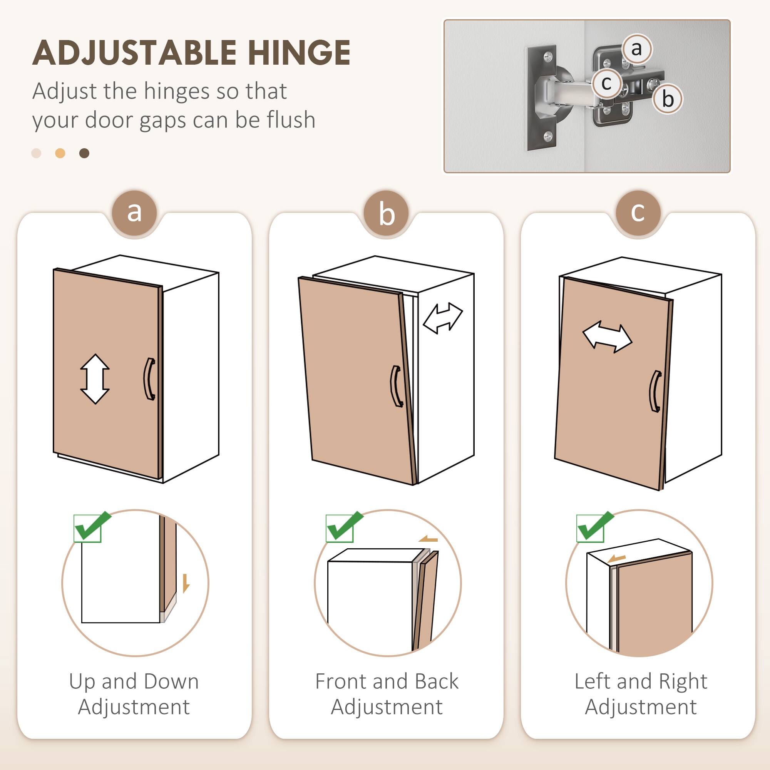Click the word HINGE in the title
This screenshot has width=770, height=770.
pyautogui.click(x=299, y=53)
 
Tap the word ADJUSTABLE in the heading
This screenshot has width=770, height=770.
pyautogui.click(x=135, y=53)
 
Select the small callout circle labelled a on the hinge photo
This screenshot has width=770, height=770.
pyautogui.click(x=636, y=49)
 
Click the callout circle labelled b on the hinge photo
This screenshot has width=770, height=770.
pyautogui.click(x=668, y=99)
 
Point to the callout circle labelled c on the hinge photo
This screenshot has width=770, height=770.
pyautogui.click(x=606, y=83)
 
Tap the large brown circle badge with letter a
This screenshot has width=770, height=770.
pyautogui.click(x=134, y=213)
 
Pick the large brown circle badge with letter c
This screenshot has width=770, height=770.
pyautogui.click(x=638, y=213)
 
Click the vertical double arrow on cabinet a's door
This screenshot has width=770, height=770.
pyautogui.click(x=95, y=379)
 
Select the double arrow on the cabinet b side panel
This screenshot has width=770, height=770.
pyautogui.click(x=442, y=318)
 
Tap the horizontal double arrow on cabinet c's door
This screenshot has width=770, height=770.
pyautogui.click(x=607, y=338)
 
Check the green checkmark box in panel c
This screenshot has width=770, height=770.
pyautogui.click(x=594, y=527)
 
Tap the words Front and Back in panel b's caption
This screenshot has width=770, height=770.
pyautogui.click(x=386, y=681)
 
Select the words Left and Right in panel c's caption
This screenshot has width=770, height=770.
pyautogui.click(x=641, y=681)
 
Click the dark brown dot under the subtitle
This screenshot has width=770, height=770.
pyautogui.click(x=84, y=154)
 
